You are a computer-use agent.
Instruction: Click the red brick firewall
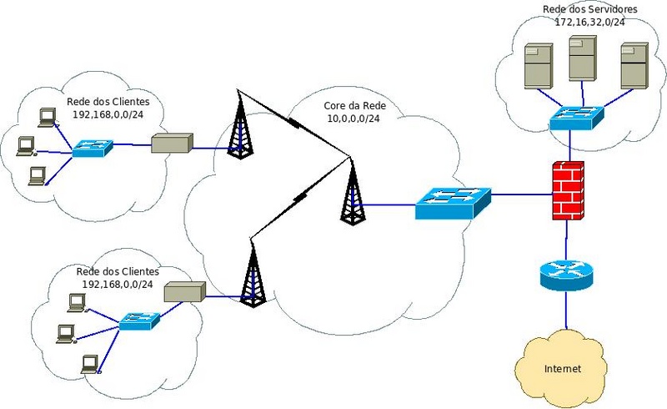point(568,189)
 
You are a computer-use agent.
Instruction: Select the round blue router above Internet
point(565,274)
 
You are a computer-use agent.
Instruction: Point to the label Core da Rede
point(354,108)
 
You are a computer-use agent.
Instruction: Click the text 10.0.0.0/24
point(354,119)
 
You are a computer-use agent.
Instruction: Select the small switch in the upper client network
point(92,148)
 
